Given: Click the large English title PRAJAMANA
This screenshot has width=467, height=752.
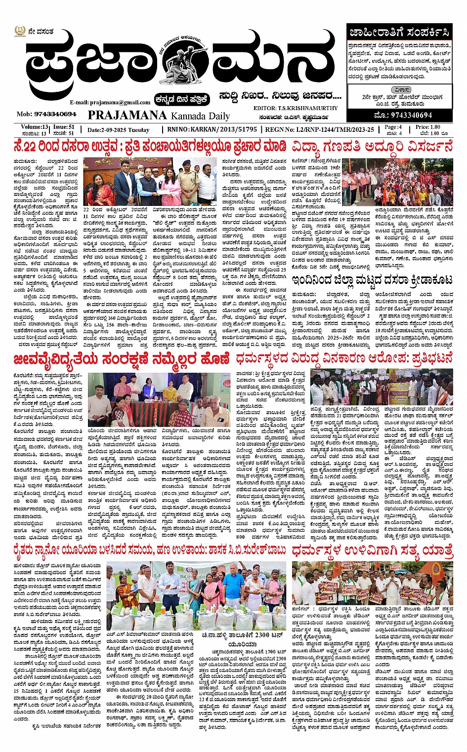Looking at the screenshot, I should coord(127,116).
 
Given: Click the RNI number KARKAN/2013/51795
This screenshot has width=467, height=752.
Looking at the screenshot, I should coord(225,129).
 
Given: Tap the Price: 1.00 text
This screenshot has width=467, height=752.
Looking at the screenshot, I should coord(427,127).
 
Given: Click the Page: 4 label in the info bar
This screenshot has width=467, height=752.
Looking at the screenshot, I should coord(393,127).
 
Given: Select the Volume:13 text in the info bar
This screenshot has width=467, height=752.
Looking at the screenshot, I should coord(35,127).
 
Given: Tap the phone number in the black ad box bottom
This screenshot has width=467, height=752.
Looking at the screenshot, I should coord(404,115).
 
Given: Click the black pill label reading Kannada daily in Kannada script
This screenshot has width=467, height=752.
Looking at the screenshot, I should coord(181,99).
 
